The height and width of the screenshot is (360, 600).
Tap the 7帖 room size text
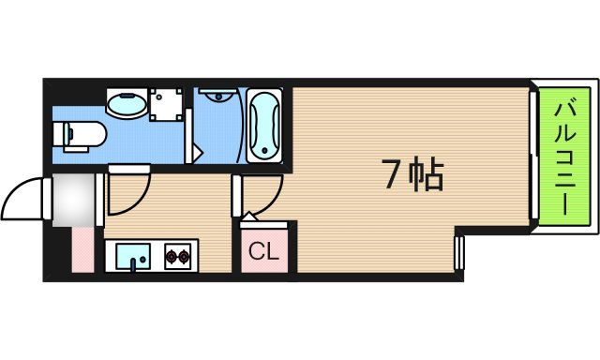[412, 174]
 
